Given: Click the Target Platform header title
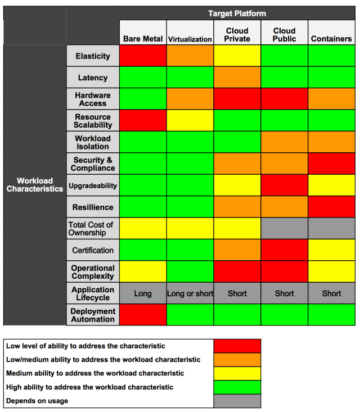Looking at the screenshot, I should (x=237, y=13).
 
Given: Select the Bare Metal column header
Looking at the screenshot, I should (x=143, y=39).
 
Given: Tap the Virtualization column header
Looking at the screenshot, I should (x=190, y=39).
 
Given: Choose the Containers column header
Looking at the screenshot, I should (x=331, y=39).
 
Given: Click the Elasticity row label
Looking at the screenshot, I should (x=93, y=56).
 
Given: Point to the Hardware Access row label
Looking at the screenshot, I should (x=93, y=99).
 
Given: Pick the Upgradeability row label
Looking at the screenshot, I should (x=93, y=185).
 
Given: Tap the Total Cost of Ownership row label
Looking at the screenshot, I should (x=93, y=229).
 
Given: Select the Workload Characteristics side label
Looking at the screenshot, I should (x=35, y=185).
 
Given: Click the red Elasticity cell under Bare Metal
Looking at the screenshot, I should (x=143, y=56).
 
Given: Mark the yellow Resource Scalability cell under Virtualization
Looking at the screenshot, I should (x=190, y=121).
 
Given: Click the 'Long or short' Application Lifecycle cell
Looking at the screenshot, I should (x=190, y=293).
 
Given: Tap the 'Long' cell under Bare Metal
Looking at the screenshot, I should (x=143, y=293).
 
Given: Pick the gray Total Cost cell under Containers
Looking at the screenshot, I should (x=331, y=229).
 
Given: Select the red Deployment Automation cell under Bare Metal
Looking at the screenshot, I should (x=143, y=315).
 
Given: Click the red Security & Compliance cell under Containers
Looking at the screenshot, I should (x=331, y=164).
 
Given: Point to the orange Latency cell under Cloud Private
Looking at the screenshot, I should (x=237, y=78).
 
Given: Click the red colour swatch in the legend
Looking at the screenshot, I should (x=237, y=346).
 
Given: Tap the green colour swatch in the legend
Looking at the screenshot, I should (x=237, y=387).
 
